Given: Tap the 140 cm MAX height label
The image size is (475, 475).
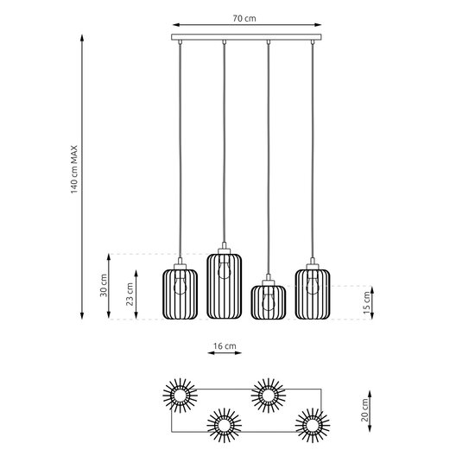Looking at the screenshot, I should pyautogui.click(x=75, y=169).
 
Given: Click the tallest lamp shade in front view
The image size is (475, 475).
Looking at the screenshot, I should pyautogui.click(x=224, y=285).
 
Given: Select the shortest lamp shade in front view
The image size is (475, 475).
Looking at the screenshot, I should pyautogui.click(x=268, y=301).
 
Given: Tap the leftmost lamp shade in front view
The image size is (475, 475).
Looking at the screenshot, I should pyautogui.click(x=180, y=294).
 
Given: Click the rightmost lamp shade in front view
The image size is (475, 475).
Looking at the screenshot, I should pyautogui.click(x=312, y=294).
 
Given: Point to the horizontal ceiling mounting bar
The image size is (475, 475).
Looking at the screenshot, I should pyautogui.click(x=245, y=39).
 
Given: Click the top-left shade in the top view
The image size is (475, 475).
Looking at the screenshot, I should pyautogui.click(x=181, y=395).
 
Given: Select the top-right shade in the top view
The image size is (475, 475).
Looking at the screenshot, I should pyautogui.click(x=268, y=395).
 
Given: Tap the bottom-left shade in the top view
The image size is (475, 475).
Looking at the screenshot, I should pyautogui.click(x=224, y=425).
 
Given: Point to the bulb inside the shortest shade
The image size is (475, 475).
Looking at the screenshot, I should pyautogui.click(x=268, y=298).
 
